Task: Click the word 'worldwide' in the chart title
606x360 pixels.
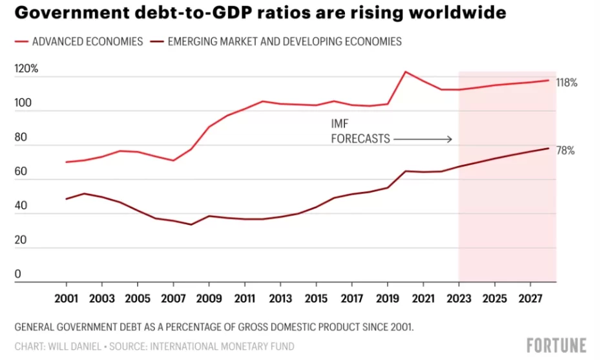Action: pos(450,12)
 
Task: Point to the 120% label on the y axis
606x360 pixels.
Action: pos(26,69)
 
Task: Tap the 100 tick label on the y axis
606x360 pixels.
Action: pos(23,103)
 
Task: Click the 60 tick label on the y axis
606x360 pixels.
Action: pos(21,171)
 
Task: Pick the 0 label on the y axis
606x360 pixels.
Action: pos(18,274)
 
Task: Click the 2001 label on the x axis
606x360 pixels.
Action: pos(67,299)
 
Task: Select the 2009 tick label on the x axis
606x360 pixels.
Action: pos(209,299)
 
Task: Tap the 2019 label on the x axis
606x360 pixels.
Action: pos(387,299)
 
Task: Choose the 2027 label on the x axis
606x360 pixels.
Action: pos(530,299)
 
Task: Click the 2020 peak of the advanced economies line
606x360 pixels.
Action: pos(405,71)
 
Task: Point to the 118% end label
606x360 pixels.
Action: pos(567,83)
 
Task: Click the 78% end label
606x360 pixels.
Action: pos(565,151)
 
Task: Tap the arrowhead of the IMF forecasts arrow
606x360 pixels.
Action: pos(450,138)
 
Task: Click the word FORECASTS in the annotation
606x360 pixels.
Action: pos(360,138)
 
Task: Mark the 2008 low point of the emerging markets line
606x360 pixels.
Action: pos(191,224)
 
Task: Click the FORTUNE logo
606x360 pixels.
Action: pos(556,345)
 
